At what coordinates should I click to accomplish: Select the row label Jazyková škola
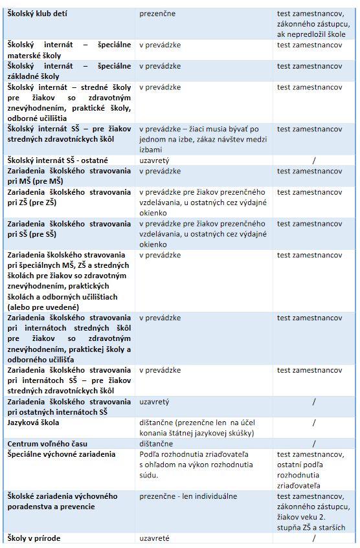click(32, 422)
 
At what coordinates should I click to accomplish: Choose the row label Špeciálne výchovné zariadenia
click(61, 454)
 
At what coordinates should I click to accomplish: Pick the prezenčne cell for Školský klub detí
click(157, 13)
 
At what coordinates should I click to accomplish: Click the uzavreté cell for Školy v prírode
click(157, 538)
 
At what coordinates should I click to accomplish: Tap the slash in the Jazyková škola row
click(313, 422)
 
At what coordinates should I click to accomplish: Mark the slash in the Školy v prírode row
click(313, 538)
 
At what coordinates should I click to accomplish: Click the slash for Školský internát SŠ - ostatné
click(313, 160)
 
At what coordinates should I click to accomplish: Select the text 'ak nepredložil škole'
click(311, 34)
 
